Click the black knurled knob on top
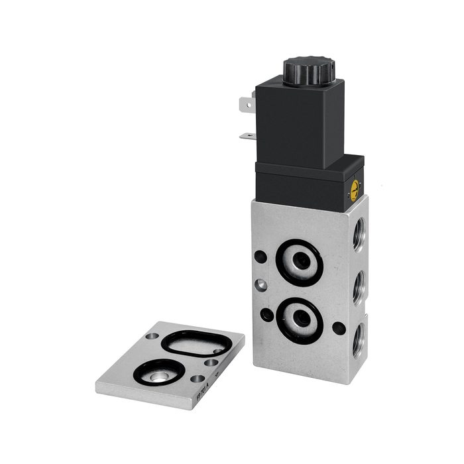(x=309, y=68)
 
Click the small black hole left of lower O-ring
(x=266, y=315)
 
